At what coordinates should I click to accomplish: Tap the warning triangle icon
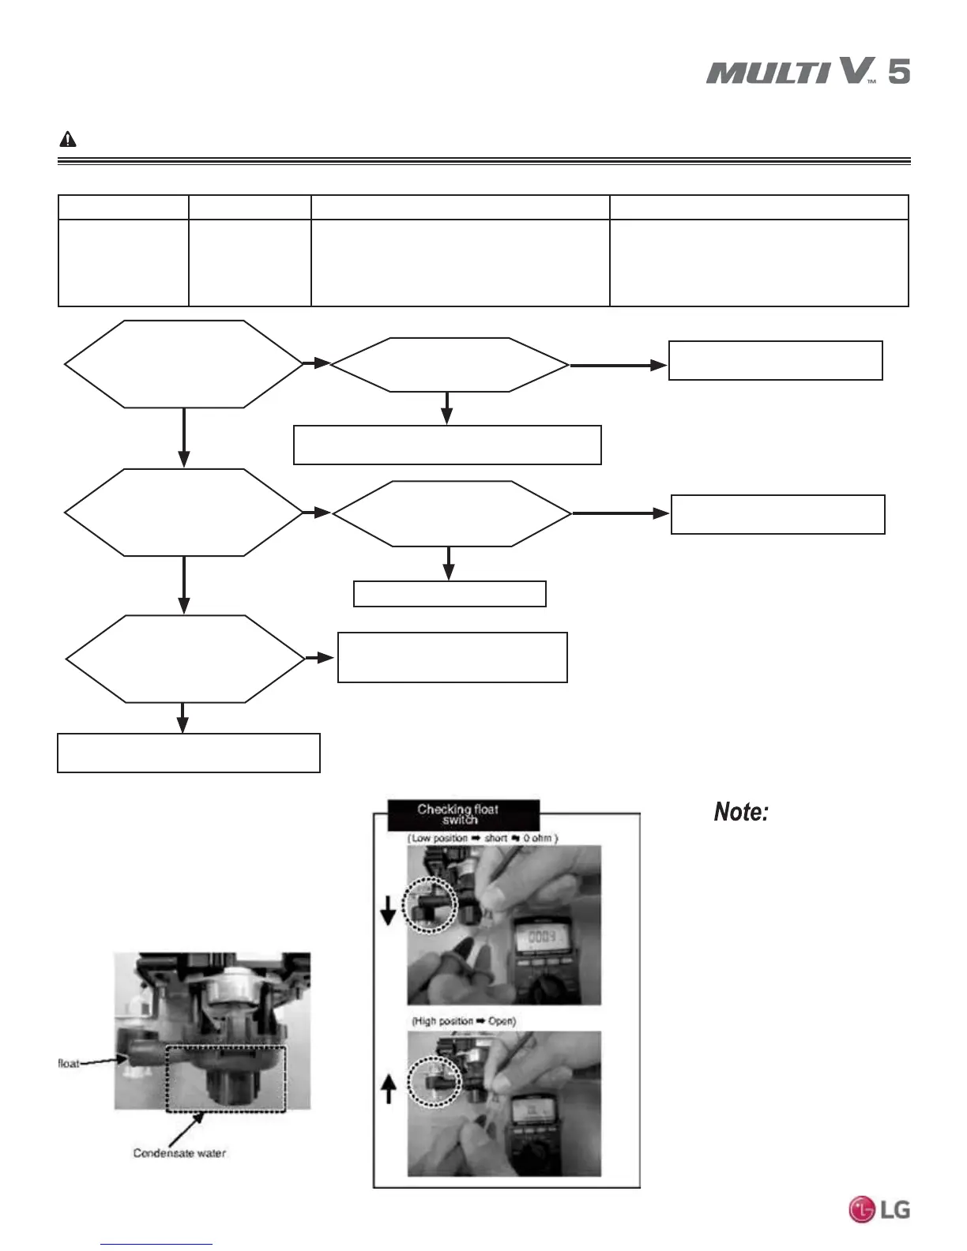(68, 140)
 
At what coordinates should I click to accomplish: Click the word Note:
(741, 812)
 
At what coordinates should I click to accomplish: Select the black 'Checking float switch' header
(463, 814)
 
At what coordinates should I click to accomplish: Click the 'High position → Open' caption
(464, 1021)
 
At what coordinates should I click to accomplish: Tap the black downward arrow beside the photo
(388, 915)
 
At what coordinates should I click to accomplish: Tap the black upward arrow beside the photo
(388, 1091)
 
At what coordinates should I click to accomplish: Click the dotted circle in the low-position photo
(431, 905)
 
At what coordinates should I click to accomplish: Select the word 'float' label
(69, 1064)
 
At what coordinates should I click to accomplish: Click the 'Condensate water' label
(179, 1153)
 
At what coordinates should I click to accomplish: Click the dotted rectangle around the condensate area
(225, 1077)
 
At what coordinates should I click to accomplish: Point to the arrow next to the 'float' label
(101, 1062)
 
